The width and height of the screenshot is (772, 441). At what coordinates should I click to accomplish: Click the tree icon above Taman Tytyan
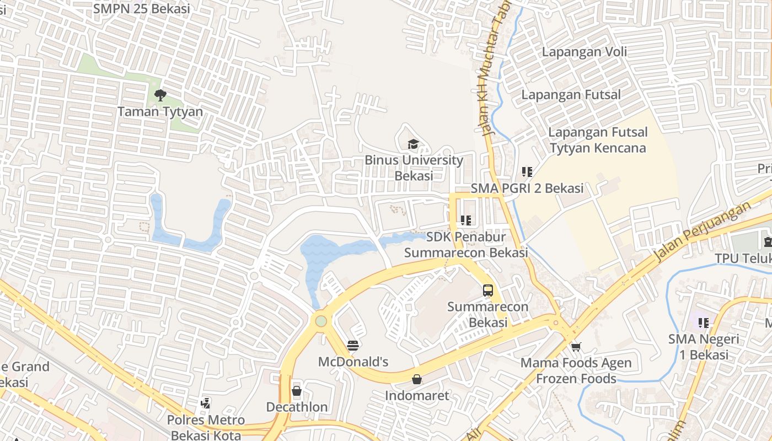click(160, 95)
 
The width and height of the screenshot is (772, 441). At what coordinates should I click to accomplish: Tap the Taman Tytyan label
click(160, 112)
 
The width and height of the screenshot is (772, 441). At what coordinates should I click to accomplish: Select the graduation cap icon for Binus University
click(413, 144)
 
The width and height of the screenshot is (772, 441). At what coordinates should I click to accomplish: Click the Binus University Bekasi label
click(414, 168)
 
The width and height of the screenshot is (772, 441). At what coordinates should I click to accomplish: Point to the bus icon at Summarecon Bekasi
click(487, 291)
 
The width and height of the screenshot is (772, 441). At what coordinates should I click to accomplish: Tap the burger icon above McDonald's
click(353, 346)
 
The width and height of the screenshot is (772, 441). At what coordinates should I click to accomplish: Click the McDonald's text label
click(353, 362)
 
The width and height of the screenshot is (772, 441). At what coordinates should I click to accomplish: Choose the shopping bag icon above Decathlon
click(297, 391)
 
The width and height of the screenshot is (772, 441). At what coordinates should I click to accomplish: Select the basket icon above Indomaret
click(417, 379)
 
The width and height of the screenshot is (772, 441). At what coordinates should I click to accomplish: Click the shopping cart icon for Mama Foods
click(576, 347)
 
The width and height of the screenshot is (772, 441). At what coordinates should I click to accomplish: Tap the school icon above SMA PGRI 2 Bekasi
click(527, 172)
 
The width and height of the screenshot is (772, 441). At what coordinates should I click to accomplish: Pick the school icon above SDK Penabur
click(466, 220)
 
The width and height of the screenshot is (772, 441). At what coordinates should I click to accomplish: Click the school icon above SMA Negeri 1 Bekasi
click(703, 322)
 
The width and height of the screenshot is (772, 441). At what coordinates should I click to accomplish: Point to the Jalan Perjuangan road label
click(703, 232)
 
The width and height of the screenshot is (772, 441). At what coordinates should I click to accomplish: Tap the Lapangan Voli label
click(585, 52)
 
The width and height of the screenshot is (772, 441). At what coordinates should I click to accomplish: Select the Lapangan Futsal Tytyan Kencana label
click(598, 140)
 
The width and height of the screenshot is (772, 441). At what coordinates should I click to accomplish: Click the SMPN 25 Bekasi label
click(142, 8)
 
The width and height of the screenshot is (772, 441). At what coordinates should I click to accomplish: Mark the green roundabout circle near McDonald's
click(321, 321)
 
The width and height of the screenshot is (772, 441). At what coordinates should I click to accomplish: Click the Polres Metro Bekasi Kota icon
click(205, 404)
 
